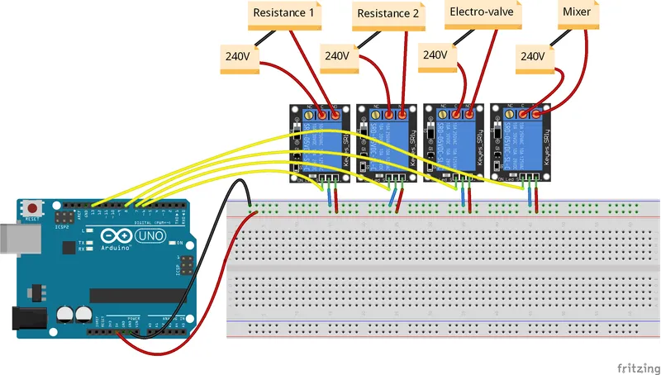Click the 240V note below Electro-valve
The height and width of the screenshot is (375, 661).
(x=435, y=56)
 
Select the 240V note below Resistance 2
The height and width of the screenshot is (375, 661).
(x=337, y=58)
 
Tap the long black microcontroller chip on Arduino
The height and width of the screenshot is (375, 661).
(x=136, y=295)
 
